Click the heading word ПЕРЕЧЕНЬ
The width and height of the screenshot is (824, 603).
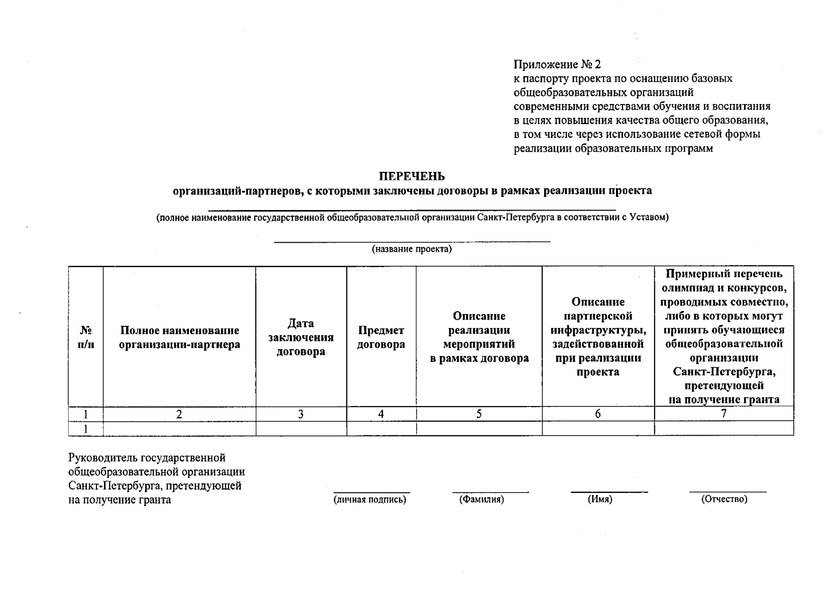(x=411, y=176)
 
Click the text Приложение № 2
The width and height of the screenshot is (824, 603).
(x=557, y=65)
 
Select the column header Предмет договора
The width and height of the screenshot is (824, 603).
(x=381, y=337)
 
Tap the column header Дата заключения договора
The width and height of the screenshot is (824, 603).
(x=300, y=337)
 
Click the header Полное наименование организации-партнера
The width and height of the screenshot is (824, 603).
(x=179, y=338)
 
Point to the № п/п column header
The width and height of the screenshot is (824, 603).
(x=86, y=337)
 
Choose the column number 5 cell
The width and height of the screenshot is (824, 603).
(x=479, y=414)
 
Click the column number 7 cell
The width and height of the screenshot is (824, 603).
(x=724, y=414)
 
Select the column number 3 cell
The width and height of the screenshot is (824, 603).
(x=300, y=414)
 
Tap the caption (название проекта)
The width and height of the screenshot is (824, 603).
(x=411, y=249)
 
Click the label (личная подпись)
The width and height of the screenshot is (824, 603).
(x=370, y=499)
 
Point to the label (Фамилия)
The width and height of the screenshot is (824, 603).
(x=481, y=499)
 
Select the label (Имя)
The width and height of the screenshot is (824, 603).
(x=600, y=499)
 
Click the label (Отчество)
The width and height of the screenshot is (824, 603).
(x=724, y=499)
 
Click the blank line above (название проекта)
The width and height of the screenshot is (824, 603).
(x=411, y=242)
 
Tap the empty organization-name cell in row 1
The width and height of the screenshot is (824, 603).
(x=179, y=429)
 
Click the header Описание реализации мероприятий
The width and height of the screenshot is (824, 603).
(x=479, y=337)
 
